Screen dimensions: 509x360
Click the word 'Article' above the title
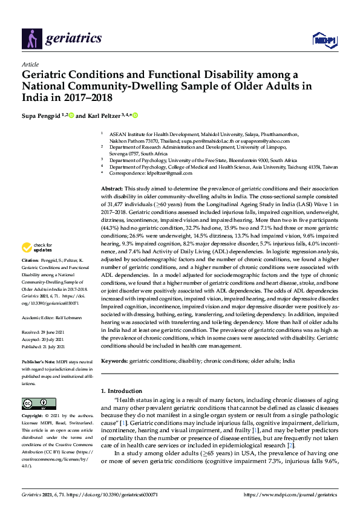(30, 63)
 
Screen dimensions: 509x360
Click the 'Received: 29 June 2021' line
(45, 332)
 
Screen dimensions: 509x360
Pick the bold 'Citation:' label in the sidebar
(30, 277)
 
